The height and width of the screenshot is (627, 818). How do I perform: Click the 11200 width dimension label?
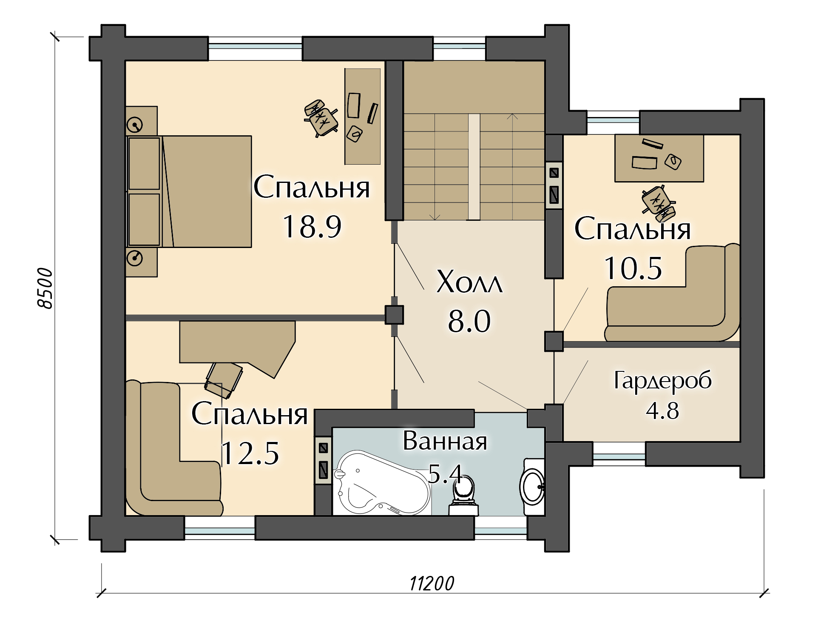pyautogui.click(x=432, y=584)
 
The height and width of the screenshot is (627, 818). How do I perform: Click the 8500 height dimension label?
pyautogui.click(x=45, y=288)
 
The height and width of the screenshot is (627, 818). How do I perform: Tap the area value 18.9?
pyautogui.click(x=312, y=226)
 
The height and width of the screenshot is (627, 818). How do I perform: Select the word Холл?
pyautogui.click(x=469, y=282)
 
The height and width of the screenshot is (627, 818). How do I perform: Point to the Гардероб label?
pyautogui.click(x=663, y=380)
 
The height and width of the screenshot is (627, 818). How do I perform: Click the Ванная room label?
pyautogui.click(x=445, y=441)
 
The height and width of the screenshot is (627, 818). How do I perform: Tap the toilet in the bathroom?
pyautogui.click(x=464, y=496)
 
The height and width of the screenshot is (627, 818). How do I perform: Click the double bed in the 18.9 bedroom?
pyautogui.click(x=189, y=191)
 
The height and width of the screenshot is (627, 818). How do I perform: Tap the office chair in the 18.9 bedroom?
pyautogui.click(x=321, y=118)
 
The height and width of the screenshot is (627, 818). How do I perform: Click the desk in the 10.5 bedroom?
pyautogui.click(x=659, y=158)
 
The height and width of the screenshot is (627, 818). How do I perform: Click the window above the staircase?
pyautogui.click(x=459, y=48)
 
